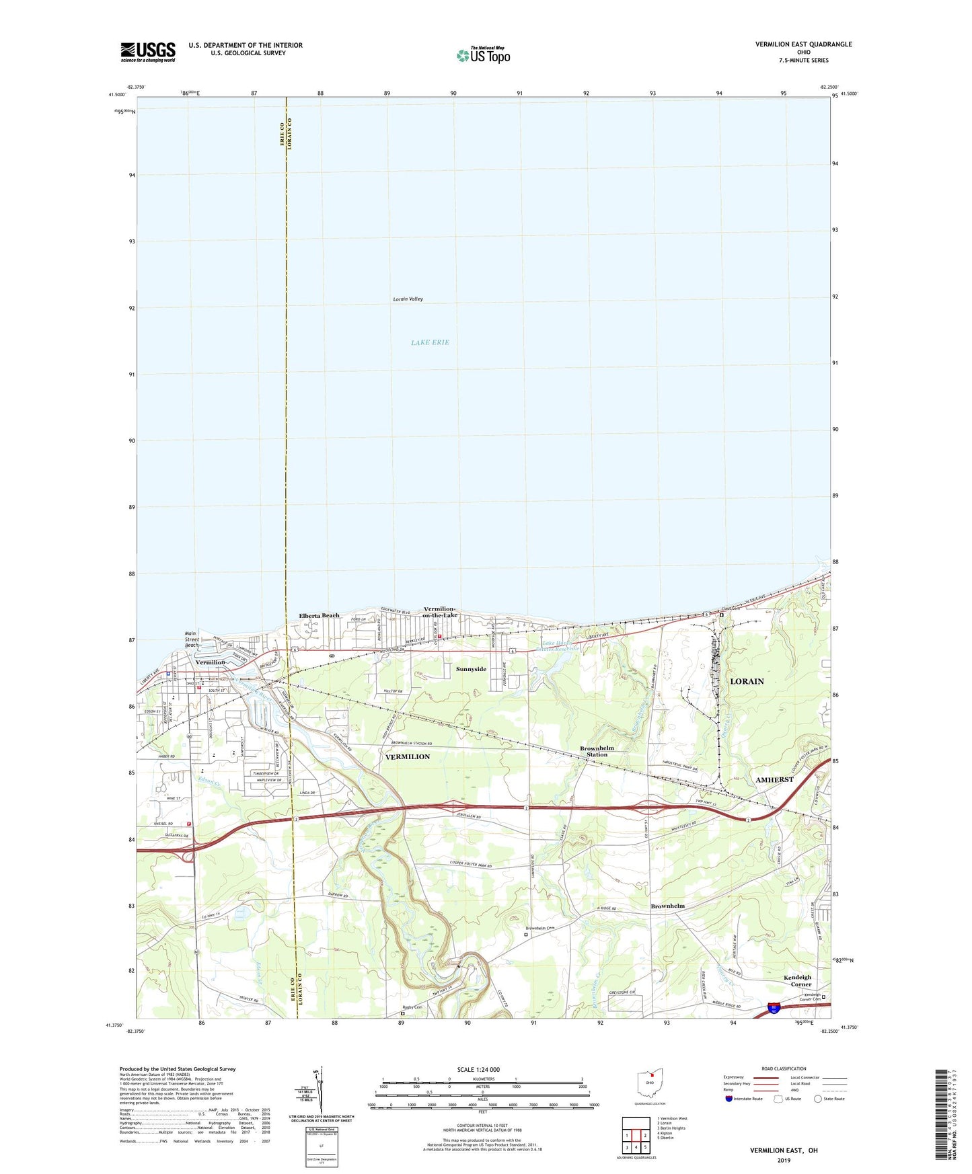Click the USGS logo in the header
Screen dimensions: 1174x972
pos(147,52)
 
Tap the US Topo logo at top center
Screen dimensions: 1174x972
pos(482,55)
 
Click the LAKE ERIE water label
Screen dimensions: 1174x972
pos(430,342)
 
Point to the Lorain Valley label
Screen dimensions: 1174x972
pos(408,299)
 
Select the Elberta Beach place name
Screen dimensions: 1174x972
pos(319,615)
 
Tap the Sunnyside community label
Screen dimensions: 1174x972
pos(471,669)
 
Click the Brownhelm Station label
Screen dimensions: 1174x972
pos(597,751)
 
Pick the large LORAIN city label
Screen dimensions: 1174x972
pos(747,681)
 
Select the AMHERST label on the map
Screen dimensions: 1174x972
pos(774,779)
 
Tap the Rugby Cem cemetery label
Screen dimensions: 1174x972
pos(412,1007)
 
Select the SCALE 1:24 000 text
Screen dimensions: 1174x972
pos(478,1070)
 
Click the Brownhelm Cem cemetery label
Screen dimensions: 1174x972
pos(540,928)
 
